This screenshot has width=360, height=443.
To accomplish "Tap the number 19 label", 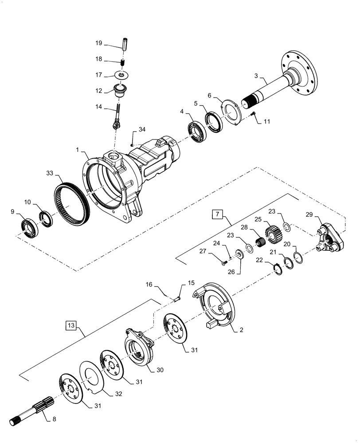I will [98, 43].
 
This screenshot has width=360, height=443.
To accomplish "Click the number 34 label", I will [141, 129].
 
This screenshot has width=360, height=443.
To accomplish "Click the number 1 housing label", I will [78, 151].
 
